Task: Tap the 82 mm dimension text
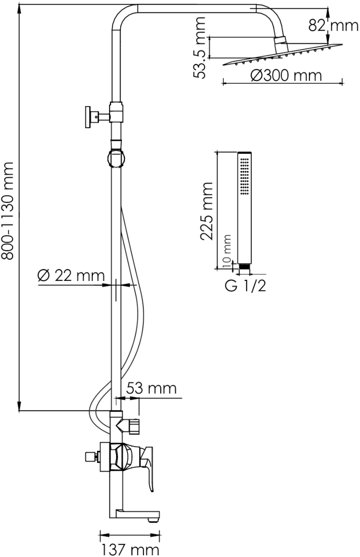point(334,25)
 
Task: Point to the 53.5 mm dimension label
point(200,48)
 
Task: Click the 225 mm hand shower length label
point(207,211)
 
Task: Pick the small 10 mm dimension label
point(227,251)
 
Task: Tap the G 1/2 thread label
point(245,286)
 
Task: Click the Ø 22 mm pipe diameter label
point(71,276)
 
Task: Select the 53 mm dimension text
point(151,388)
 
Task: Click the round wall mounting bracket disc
point(88,117)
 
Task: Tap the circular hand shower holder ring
point(116,158)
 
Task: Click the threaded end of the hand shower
point(244,266)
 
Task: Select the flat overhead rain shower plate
point(283,55)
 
